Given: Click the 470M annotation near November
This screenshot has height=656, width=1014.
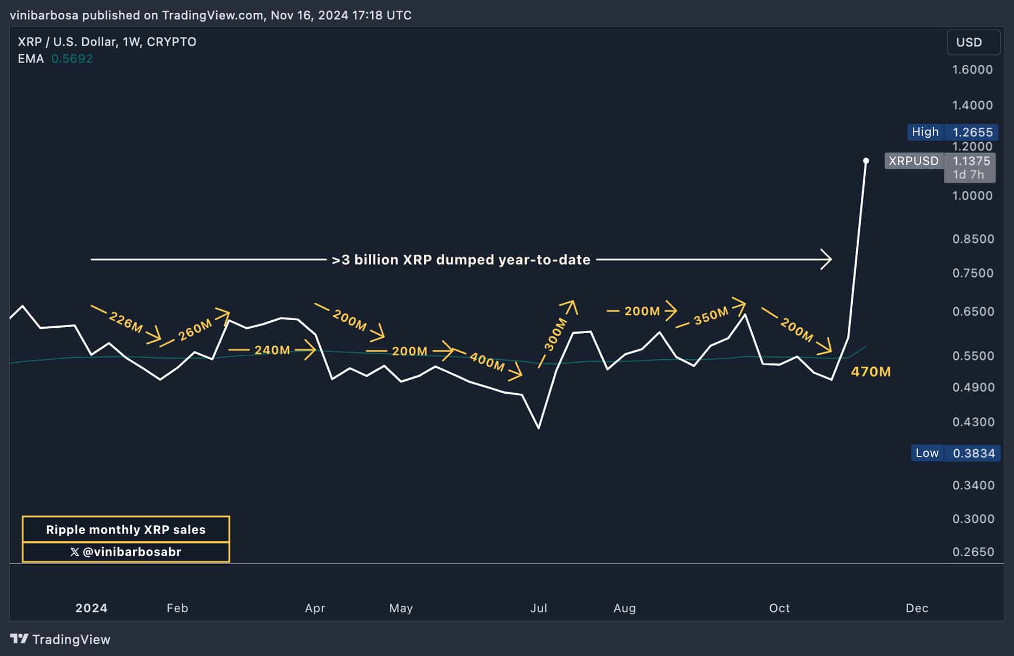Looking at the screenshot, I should (870, 372).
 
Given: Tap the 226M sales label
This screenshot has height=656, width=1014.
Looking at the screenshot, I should (125, 322).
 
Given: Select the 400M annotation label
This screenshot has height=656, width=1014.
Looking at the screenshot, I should (487, 361).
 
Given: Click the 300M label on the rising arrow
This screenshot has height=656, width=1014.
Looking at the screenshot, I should (555, 334).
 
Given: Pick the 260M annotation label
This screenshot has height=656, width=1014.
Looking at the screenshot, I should (195, 330).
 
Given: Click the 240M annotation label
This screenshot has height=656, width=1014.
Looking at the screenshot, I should (272, 350).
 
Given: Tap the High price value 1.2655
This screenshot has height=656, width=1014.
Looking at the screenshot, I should (972, 132).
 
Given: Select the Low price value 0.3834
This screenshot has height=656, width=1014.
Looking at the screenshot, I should (973, 453).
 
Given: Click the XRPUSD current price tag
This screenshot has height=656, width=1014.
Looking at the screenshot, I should (913, 161).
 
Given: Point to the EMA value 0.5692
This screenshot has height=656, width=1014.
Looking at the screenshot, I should (72, 58).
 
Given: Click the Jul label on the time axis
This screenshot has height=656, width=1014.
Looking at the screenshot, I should (539, 608).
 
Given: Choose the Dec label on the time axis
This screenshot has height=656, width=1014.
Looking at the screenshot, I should (917, 608).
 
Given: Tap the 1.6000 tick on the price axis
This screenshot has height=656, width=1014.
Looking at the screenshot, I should (972, 69).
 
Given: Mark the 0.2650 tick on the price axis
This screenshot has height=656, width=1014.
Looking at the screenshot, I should (973, 552).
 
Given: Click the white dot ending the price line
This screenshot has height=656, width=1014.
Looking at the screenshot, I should (866, 161).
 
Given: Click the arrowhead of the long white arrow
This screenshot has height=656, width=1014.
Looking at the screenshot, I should (827, 260).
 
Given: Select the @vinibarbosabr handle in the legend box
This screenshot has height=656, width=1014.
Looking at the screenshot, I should (125, 552).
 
